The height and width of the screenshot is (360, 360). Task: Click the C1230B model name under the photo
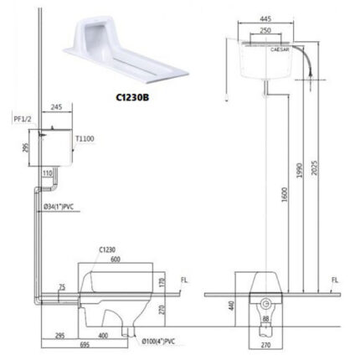click(x=132, y=97)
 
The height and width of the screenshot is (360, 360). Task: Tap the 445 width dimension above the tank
click(x=265, y=18)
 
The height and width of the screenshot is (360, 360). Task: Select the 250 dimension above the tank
click(x=265, y=30)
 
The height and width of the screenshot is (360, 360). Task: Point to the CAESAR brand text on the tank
click(x=280, y=49)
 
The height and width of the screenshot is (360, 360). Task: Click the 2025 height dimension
click(x=314, y=167)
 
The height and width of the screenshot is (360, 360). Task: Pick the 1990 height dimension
click(x=300, y=171)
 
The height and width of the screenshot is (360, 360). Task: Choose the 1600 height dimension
click(x=284, y=194)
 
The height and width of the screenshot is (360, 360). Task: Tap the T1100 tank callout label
click(x=85, y=139)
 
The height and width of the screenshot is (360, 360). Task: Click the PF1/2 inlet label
click(x=23, y=119)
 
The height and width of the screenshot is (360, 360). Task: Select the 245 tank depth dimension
click(x=57, y=107)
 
